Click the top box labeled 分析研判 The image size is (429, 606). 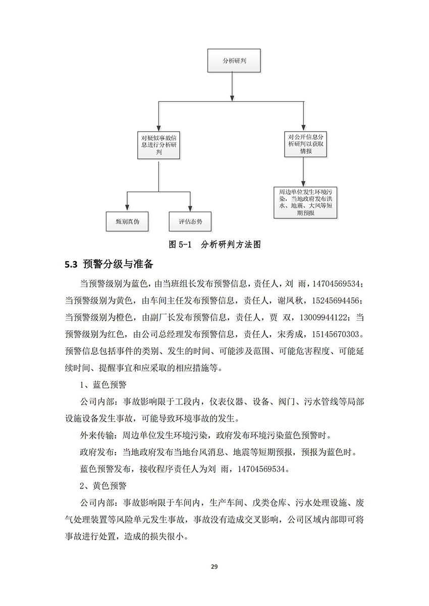pos(234,60)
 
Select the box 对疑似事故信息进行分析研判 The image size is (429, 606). pos(158,145)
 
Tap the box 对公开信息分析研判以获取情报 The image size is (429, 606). pos(305,144)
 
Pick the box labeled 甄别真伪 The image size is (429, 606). pos(127,221)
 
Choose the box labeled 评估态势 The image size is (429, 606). pos(190,221)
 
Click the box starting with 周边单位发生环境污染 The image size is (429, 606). pos(305,203)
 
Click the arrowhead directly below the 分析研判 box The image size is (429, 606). pos(232,98)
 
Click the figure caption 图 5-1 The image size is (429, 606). pos(180,245)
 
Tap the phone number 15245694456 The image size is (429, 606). pos(335,301)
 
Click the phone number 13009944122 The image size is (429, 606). pos(323,318)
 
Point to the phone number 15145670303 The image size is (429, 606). pos(335,335)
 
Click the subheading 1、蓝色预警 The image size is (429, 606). pos(103,385)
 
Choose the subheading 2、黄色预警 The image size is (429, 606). pos(103,486)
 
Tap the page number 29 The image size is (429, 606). pos(214,567)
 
